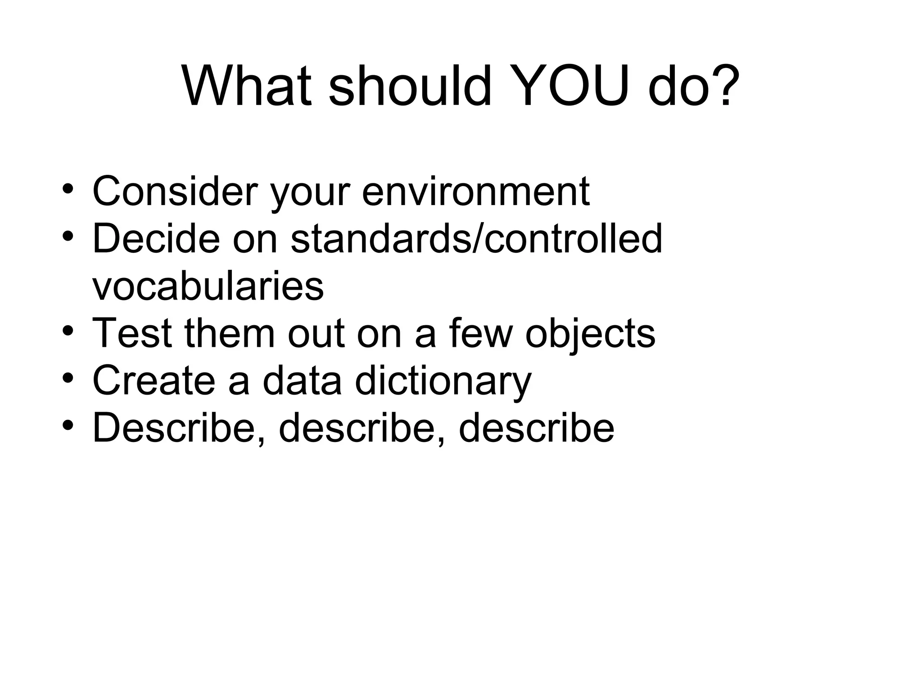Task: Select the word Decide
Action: point(156,239)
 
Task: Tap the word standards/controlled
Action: point(476,239)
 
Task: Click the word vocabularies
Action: point(208,287)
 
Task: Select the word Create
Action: point(153,381)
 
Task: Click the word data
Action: point(302,381)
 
